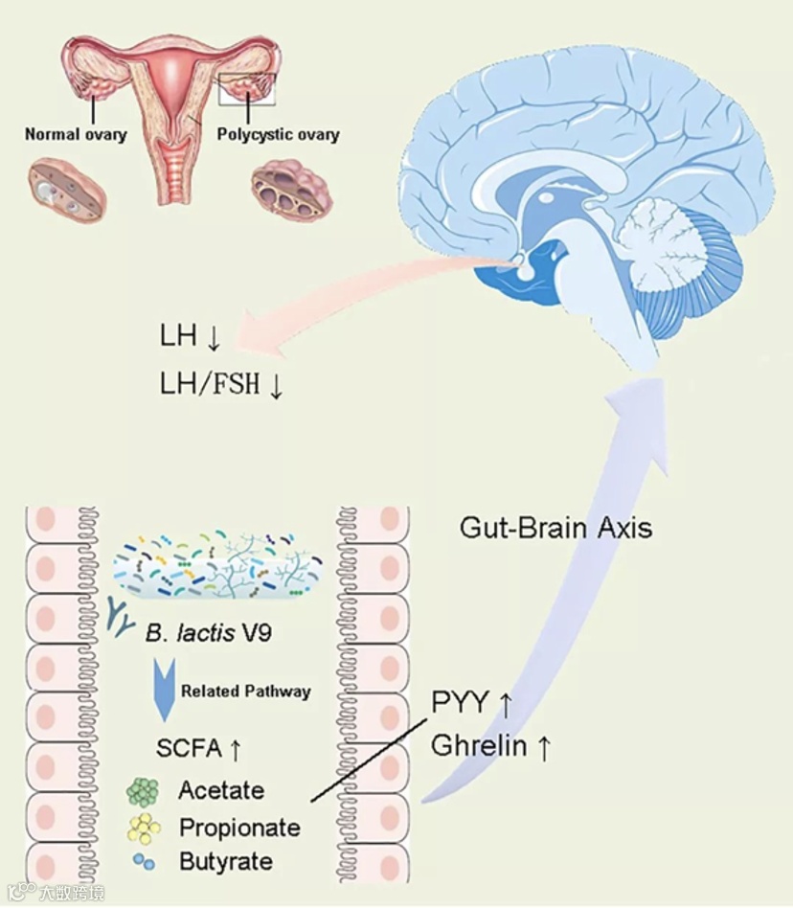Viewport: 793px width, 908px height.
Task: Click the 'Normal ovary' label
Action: click(76, 134)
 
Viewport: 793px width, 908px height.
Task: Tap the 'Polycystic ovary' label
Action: click(278, 134)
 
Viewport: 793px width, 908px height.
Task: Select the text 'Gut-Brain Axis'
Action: click(556, 527)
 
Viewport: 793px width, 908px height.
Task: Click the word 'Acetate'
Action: click(221, 791)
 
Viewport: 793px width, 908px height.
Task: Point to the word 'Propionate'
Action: click(239, 827)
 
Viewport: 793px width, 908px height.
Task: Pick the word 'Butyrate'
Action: click(226, 860)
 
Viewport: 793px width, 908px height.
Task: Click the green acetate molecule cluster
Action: click(143, 791)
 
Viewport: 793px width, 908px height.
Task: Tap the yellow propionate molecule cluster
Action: click(145, 827)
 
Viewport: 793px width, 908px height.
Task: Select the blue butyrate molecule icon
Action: click(143, 860)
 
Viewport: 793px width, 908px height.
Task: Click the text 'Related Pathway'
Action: click(246, 691)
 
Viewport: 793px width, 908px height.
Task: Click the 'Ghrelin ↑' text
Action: click(490, 746)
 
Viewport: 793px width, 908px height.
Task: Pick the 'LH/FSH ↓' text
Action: click(221, 385)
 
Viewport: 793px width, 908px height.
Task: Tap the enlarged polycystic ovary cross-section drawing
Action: click(291, 192)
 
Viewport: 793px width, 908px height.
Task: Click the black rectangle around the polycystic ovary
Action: click(247, 88)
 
